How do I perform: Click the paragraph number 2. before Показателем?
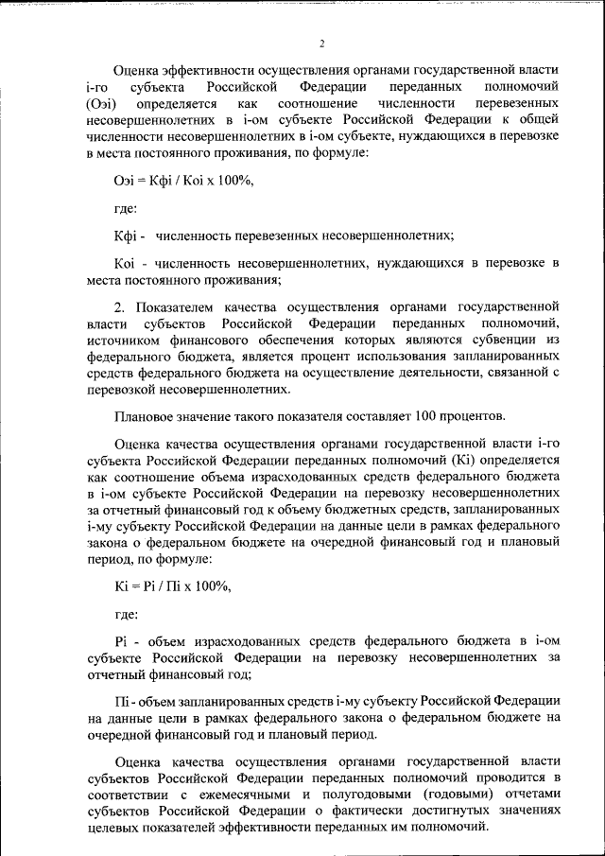click(120, 307)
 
